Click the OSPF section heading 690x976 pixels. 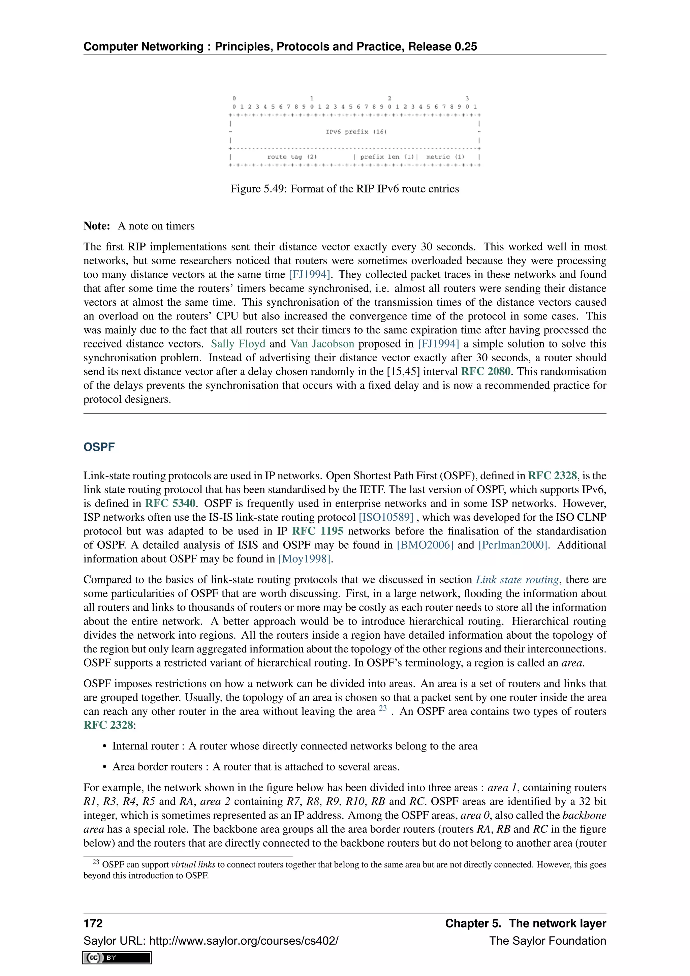(99, 447)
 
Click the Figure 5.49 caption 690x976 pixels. (345, 189)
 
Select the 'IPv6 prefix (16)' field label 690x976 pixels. (356, 132)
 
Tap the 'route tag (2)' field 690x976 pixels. (292, 157)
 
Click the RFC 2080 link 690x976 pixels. (485, 371)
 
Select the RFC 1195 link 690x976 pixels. (317, 531)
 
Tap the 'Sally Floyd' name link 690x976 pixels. (238, 344)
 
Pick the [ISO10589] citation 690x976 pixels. (386, 517)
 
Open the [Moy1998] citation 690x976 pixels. (304, 559)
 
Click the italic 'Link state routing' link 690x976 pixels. (517, 580)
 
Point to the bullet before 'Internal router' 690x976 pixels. (104, 746)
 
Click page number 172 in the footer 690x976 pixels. (93, 923)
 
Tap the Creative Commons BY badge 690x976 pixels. (117, 958)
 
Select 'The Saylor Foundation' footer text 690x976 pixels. (547, 941)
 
